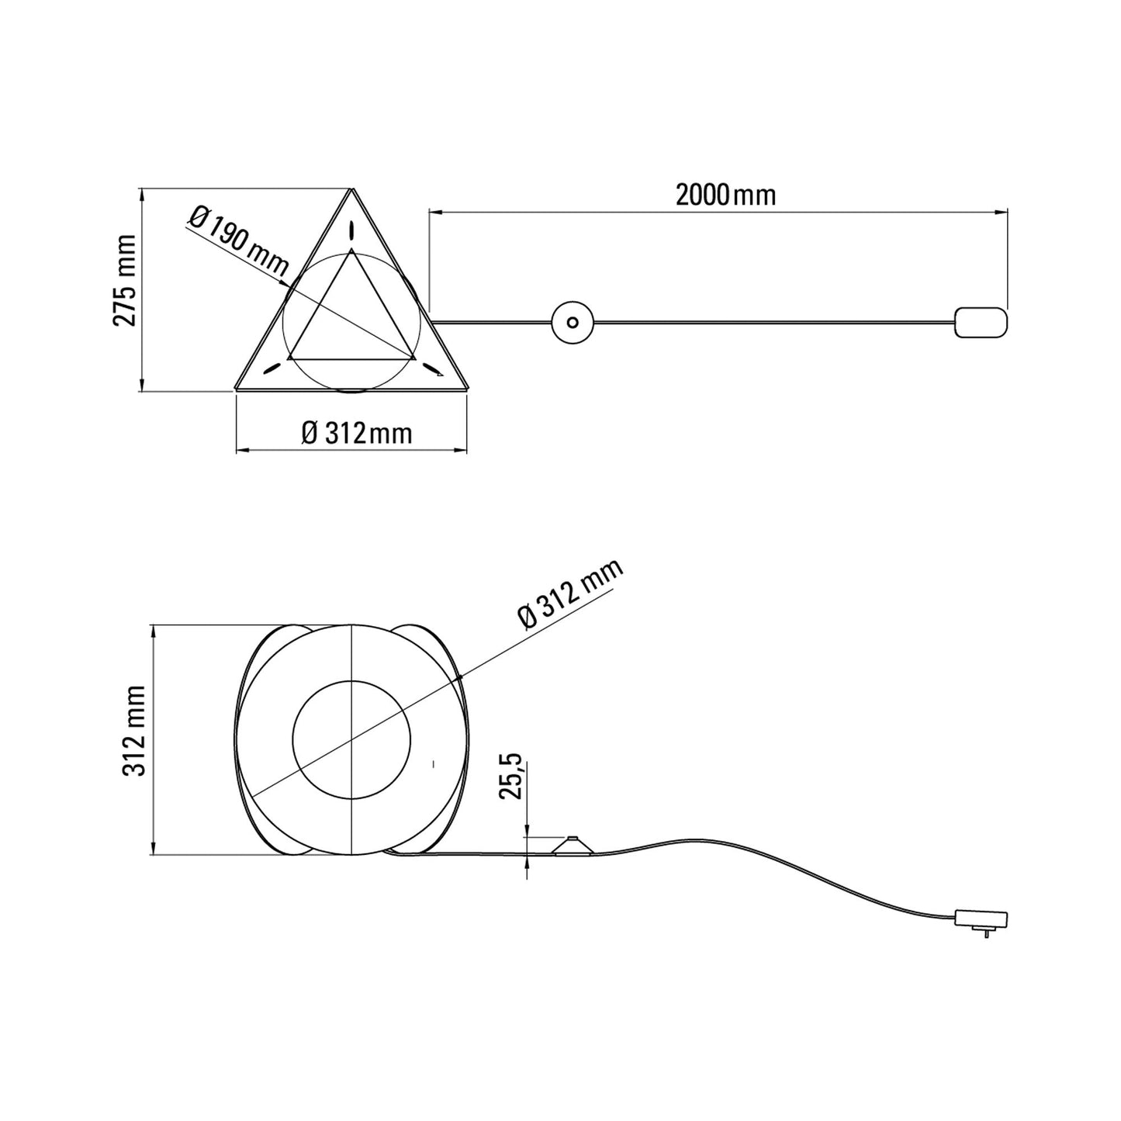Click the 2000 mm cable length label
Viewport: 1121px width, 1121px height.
[x=725, y=195]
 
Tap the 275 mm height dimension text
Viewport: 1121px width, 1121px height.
[x=126, y=280]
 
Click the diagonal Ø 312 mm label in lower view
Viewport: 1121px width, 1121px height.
[x=570, y=594]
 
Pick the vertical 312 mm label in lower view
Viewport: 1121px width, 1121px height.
[x=135, y=730]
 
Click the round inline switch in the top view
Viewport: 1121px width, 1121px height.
[x=573, y=321]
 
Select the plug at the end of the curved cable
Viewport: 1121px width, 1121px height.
[x=981, y=919]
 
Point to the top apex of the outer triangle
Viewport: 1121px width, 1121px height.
[x=352, y=189]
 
